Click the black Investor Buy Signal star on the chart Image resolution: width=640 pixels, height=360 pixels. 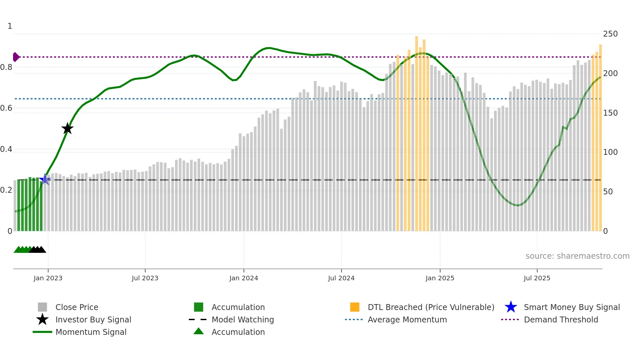tap(67, 128)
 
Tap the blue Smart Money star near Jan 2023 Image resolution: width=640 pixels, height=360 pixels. tap(45, 179)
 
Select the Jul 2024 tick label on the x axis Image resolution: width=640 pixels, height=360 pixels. tap(341, 278)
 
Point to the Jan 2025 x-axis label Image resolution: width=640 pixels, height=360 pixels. tap(440, 278)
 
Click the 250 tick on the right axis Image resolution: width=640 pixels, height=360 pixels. tap(610, 34)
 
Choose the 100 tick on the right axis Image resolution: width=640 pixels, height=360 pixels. tap(610, 152)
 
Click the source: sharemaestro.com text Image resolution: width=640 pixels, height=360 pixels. tap(577, 256)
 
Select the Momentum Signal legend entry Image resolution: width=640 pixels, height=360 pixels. tap(91, 332)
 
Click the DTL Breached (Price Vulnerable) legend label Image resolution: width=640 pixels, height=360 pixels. tap(431, 307)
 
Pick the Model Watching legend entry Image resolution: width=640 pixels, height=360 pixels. tap(243, 319)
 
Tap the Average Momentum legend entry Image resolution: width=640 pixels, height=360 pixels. tap(407, 319)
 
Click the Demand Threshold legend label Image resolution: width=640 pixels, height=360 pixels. tap(561, 319)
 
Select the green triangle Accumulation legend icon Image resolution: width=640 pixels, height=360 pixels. tap(199, 331)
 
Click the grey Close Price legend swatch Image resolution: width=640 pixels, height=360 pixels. tap(42, 307)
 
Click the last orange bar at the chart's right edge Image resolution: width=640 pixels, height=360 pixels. tap(600, 137)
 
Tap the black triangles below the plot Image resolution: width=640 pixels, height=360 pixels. tap(38, 250)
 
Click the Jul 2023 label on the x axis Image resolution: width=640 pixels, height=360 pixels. tap(145, 278)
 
